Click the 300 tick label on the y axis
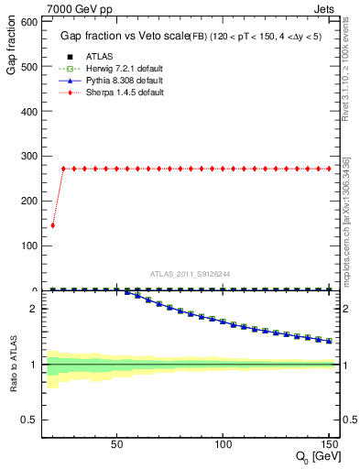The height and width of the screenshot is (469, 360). point(29,156)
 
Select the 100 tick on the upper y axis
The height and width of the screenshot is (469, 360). point(29,245)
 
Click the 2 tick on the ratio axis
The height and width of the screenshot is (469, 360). point(36,309)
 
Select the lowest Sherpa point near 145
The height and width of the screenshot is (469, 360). point(52,225)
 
